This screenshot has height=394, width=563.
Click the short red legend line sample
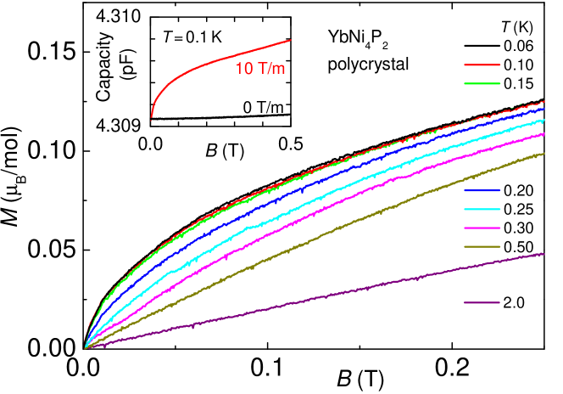click(482, 65)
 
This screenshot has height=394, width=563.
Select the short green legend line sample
click(482, 84)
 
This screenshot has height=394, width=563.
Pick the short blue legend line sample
click(482, 190)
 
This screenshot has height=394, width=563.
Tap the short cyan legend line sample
click(482, 209)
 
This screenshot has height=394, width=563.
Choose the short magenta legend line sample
click(482, 228)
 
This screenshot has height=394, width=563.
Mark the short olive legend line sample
click(482, 247)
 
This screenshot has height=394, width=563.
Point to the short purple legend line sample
click(482, 302)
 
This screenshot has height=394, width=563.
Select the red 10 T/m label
click(259, 69)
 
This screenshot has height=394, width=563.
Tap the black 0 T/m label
click(263, 107)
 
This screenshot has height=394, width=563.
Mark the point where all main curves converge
click(86, 347)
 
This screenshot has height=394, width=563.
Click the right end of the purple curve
click(543, 253)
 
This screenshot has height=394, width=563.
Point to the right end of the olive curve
click(543, 154)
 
